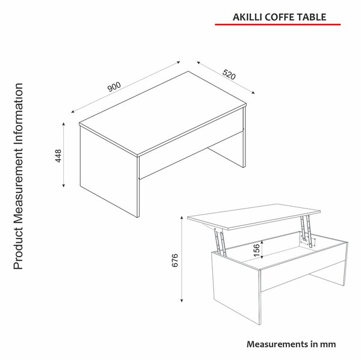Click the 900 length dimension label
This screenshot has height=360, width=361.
114,87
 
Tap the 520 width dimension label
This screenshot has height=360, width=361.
229,74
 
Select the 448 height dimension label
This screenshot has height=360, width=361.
58,156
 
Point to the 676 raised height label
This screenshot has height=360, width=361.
175,260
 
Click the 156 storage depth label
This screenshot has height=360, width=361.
256,250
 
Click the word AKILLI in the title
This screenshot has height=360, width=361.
247,17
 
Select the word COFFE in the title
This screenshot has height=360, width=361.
279,17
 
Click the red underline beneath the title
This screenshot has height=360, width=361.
277,24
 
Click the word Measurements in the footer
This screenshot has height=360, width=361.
277,344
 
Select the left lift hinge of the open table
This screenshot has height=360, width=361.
220,241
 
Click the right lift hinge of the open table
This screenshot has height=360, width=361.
307,231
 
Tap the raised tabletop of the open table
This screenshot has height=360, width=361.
254,216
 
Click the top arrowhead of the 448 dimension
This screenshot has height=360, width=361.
64,124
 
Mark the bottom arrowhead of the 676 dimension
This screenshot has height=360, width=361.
182,301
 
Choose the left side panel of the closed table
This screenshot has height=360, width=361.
109,172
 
